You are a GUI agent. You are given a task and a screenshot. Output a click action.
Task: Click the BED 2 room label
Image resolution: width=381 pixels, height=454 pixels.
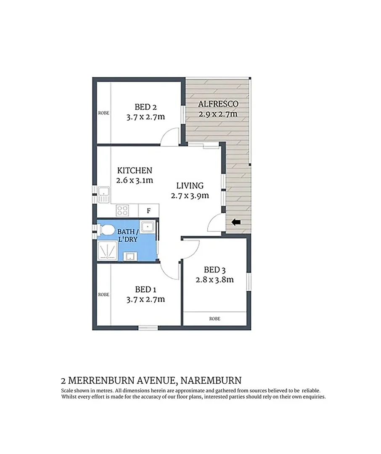pyautogui.click(x=146, y=107)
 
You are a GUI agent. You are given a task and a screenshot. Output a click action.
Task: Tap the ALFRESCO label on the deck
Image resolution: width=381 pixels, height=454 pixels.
pyautogui.click(x=218, y=104)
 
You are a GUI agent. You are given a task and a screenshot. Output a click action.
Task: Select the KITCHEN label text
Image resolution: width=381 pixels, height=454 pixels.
pyautogui.click(x=135, y=171)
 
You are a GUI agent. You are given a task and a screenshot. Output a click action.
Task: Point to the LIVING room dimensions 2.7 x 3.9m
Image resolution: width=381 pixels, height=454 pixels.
pyautogui.click(x=190, y=195)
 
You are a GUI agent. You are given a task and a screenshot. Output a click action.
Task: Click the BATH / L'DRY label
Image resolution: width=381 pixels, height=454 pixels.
pyautogui.click(x=127, y=235)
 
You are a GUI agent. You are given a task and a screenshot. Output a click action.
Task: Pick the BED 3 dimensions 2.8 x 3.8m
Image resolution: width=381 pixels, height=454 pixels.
pyautogui.click(x=214, y=280)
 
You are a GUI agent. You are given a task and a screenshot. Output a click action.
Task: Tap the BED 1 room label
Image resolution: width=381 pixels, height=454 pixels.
pyautogui.click(x=146, y=289)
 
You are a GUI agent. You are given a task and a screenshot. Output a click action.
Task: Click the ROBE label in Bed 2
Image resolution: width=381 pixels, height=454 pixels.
pyautogui.click(x=103, y=113)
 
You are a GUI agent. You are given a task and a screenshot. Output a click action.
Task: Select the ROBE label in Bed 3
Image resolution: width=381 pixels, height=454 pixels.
pyautogui.click(x=214, y=319)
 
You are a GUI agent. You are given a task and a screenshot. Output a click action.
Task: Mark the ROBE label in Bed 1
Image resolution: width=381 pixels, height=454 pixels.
pyautogui.click(x=103, y=295)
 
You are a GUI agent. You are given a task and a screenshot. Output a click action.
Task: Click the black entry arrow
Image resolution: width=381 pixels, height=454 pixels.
pyautogui.click(x=236, y=222)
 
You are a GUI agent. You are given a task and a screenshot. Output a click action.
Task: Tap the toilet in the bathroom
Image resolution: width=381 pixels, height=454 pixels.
pyautogui.click(x=106, y=230)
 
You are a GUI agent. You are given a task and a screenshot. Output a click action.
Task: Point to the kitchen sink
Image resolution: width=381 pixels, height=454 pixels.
pyautogui.click(x=104, y=195)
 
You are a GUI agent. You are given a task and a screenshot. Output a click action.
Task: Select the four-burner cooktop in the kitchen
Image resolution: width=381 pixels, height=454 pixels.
pyautogui.click(x=122, y=210)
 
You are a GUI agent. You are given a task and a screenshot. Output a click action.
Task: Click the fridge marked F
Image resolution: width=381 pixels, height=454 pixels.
pyautogui.click(x=148, y=210)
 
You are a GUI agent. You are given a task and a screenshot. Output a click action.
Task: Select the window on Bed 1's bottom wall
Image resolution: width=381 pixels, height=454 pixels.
pyautogui.click(x=148, y=327)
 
